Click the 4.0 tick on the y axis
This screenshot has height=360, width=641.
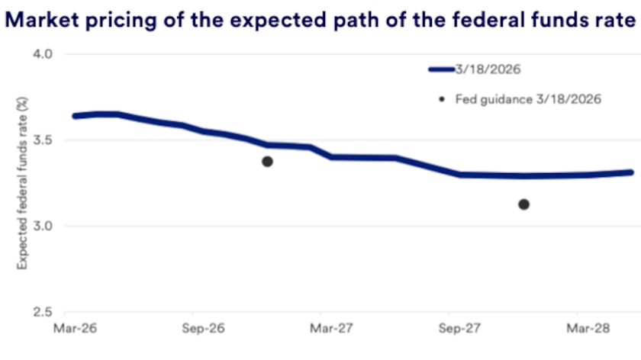pyautogui.click(x=41, y=55)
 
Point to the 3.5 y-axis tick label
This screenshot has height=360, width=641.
pyautogui.click(x=41, y=140)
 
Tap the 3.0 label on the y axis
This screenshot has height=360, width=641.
pyautogui.click(x=41, y=227)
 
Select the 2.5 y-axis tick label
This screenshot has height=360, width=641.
pyautogui.click(x=41, y=313)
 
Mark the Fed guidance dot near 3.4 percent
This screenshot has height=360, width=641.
pyautogui.click(x=267, y=161)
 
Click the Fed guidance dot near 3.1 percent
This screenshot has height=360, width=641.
pyautogui.click(x=523, y=204)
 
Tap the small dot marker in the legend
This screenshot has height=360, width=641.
pyautogui.click(x=442, y=99)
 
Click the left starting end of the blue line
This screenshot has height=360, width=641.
pyautogui.click(x=74, y=116)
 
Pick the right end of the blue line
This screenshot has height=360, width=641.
pyautogui.click(x=631, y=172)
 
